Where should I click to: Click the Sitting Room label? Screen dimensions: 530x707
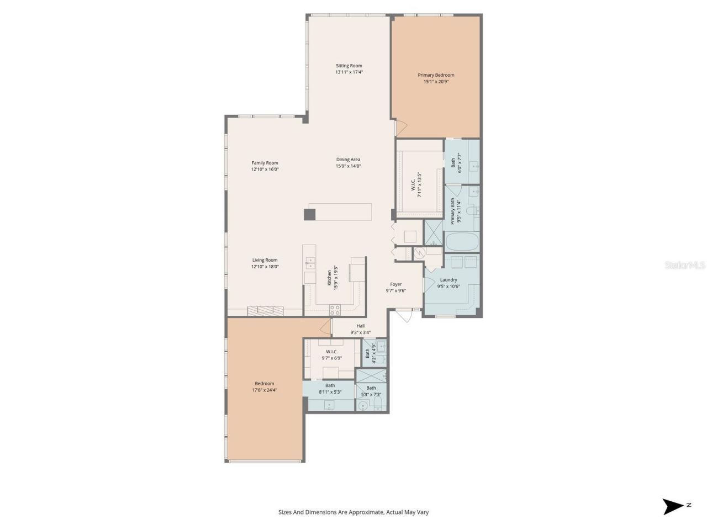[x=349, y=66]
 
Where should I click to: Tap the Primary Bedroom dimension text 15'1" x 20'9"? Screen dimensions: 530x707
[x=436, y=82]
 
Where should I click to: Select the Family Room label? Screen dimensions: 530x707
[x=265, y=163]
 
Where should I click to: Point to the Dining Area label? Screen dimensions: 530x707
[x=348, y=160]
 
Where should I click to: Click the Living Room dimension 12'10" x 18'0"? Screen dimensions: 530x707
[x=265, y=267]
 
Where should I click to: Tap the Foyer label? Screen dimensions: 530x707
[x=395, y=284]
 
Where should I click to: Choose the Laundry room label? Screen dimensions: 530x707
[x=448, y=280]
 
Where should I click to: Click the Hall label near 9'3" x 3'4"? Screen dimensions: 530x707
[x=360, y=326]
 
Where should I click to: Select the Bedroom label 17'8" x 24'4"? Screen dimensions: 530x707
[x=264, y=384]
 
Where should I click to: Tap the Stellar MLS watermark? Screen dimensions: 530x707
[x=685, y=266]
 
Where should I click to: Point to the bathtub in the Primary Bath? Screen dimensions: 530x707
[x=462, y=242]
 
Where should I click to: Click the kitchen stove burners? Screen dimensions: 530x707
[x=335, y=310]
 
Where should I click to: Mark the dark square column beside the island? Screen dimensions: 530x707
[x=310, y=215]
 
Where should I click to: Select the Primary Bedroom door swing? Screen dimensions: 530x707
[x=401, y=128]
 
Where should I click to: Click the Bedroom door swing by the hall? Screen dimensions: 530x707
[x=325, y=327]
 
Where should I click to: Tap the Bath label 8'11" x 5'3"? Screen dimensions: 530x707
[x=330, y=385]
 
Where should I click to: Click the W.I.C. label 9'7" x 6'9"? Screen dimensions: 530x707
[x=331, y=352]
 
